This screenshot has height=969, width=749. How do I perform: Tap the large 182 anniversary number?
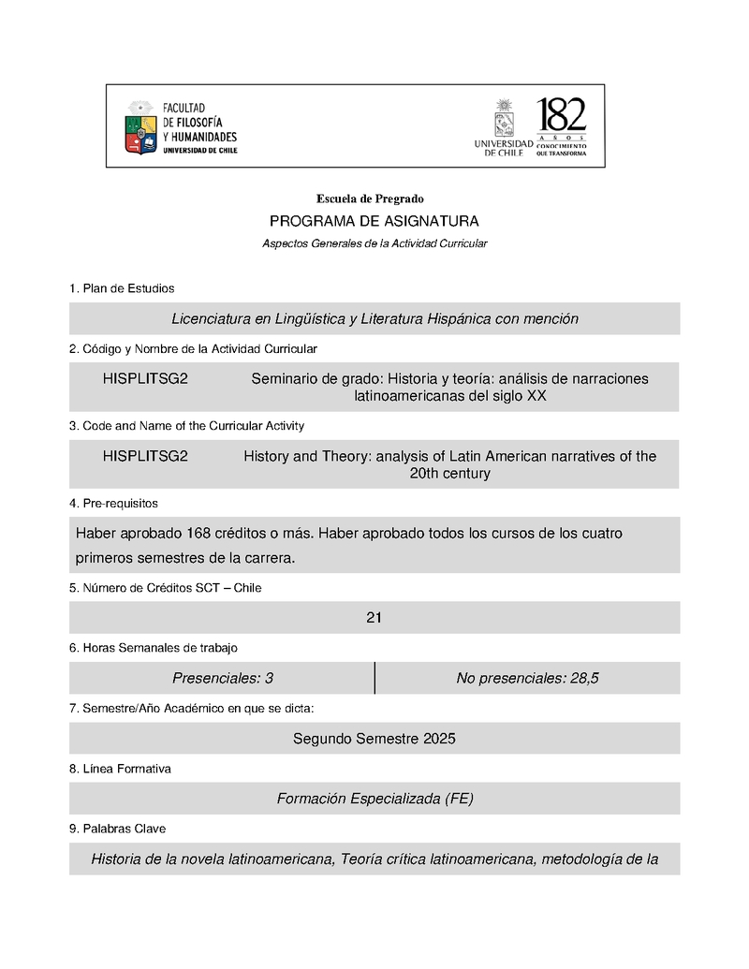click(561, 116)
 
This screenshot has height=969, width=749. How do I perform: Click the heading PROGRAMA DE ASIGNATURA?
click(374, 221)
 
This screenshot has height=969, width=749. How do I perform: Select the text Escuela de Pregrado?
click(370, 198)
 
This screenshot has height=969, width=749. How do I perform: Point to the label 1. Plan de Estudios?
click(122, 288)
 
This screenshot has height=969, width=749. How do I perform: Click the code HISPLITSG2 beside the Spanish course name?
click(145, 379)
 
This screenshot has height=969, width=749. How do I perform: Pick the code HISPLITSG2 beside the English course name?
click(145, 457)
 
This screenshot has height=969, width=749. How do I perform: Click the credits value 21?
click(374, 618)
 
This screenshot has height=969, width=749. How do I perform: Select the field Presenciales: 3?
click(223, 679)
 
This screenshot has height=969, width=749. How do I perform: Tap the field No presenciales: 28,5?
click(527, 679)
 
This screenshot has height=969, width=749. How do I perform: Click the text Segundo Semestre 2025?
click(374, 739)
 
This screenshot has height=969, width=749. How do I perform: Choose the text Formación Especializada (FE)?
click(374, 799)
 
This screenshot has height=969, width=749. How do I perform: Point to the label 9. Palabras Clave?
click(118, 829)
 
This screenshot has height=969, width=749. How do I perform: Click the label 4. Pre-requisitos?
click(113, 504)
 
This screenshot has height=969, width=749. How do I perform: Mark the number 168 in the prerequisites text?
click(198, 534)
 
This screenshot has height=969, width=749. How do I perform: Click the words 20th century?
click(449, 474)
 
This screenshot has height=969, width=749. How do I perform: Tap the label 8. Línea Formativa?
click(120, 769)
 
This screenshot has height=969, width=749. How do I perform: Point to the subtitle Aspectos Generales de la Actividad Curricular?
click(374, 243)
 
